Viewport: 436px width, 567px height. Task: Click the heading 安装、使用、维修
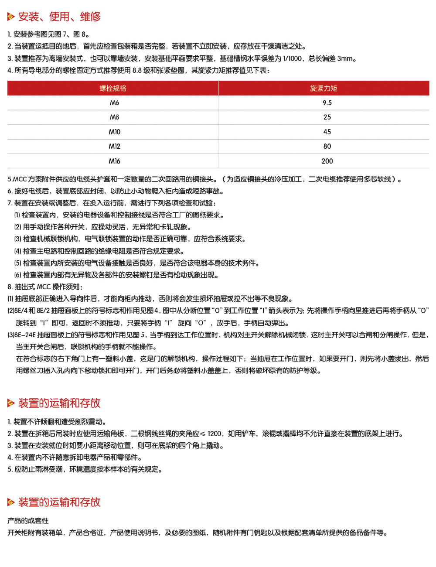tap(59, 17)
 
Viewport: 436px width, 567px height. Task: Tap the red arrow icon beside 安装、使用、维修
tap(11, 17)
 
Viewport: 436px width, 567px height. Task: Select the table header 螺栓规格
tap(113, 88)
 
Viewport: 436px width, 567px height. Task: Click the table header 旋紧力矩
tap(324, 88)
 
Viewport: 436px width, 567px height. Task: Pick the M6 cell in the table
tap(114, 103)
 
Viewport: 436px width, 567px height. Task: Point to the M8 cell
tap(114, 117)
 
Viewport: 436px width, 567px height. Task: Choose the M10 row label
tap(114, 132)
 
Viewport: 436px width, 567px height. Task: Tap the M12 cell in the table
tap(114, 147)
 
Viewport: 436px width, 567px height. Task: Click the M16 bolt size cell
tap(114, 161)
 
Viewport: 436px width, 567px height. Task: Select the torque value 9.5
tap(327, 103)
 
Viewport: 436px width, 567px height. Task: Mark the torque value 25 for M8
tap(327, 117)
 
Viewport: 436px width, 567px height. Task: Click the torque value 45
tap(327, 132)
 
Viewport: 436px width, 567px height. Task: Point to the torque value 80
tap(327, 147)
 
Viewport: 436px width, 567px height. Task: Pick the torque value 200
tap(327, 161)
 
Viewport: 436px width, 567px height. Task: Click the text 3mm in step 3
tap(345, 58)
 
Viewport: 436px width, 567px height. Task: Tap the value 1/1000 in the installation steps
tap(292, 58)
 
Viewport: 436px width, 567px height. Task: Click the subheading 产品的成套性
tap(28, 521)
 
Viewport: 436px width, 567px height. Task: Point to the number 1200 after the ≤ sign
tap(215, 434)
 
